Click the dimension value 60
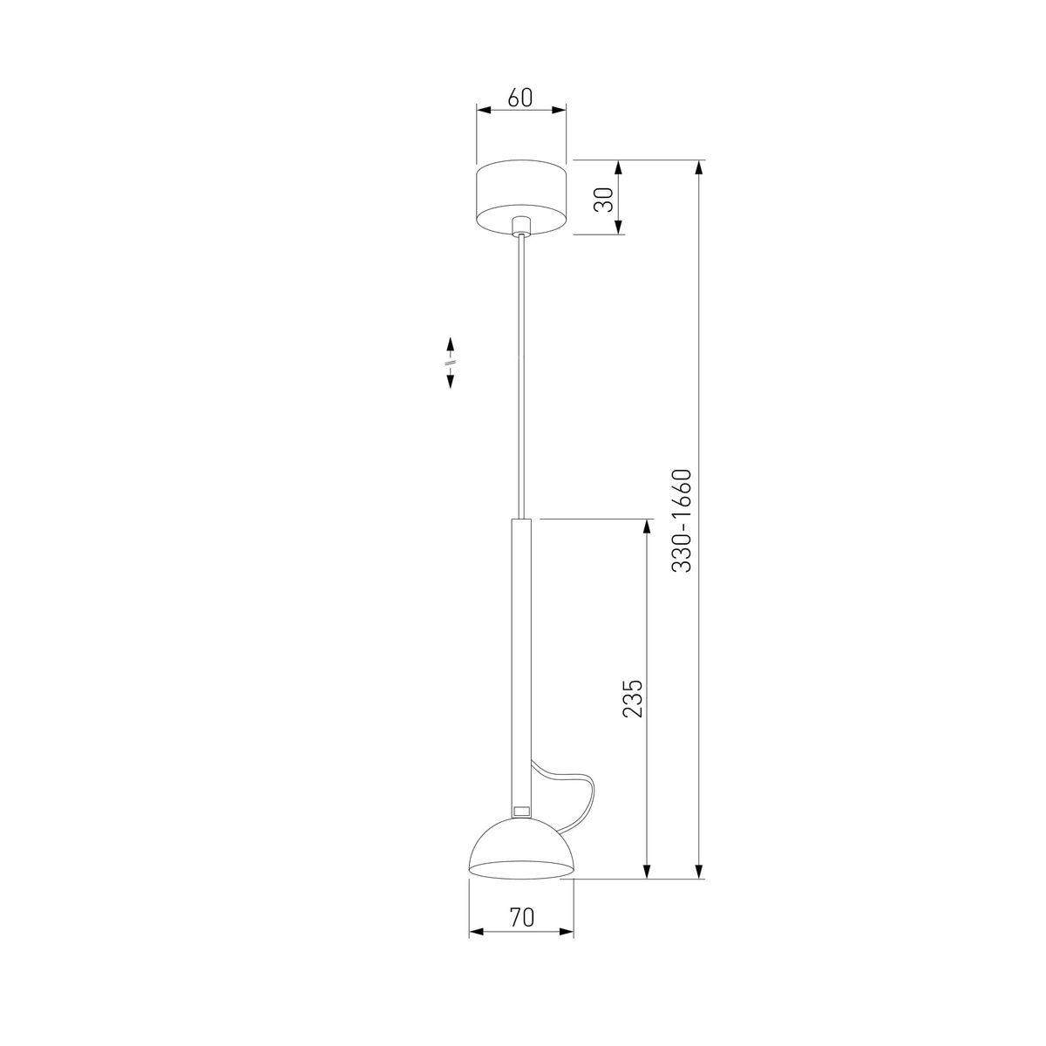click(520, 97)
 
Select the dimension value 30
click(602, 200)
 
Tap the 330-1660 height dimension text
click(682, 520)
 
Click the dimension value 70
click(521, 917)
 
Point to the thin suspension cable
click(521, 377)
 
